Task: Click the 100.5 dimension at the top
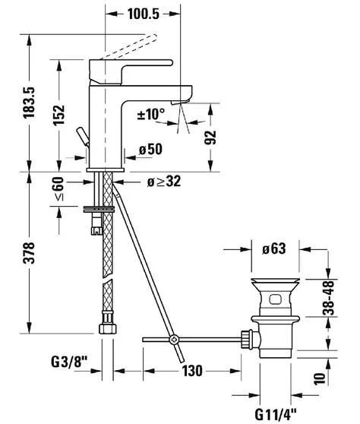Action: tap(144, 14)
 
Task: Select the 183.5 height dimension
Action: tap(29, 103)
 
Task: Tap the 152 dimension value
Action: tap(58, 115)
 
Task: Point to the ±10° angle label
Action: tap(151, 114)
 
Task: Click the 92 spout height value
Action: tap(210, 138)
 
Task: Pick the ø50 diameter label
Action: tap(150, 150)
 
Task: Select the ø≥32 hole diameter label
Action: tap(164, 182)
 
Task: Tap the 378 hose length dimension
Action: tap(29, 253)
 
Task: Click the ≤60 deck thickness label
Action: tap(59, 188)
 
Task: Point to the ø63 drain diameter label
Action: tap(273, 248)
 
